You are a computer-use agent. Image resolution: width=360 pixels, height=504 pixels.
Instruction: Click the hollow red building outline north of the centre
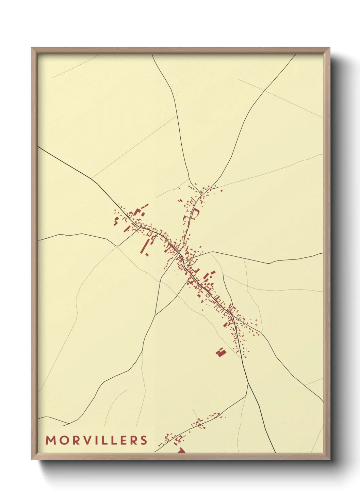tap(195, 214)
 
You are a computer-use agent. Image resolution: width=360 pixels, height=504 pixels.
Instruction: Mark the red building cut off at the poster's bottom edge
tap(181, 450)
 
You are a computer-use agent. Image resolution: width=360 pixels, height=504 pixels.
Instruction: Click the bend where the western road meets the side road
tap(117, 246)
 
